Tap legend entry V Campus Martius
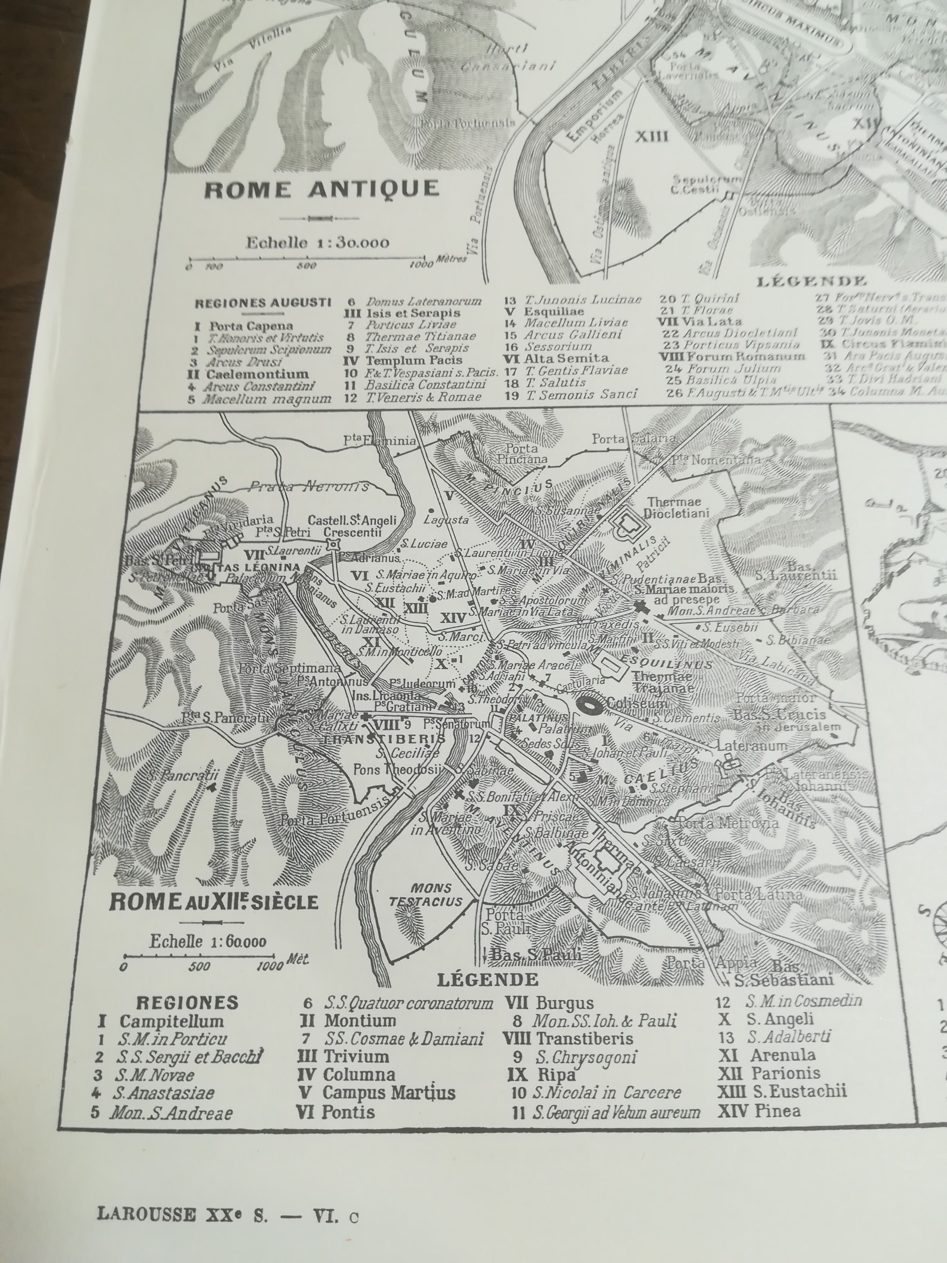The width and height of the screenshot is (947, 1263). [x=377, y=1093]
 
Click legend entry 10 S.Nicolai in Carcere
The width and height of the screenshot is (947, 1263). [x=597, y=1093]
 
